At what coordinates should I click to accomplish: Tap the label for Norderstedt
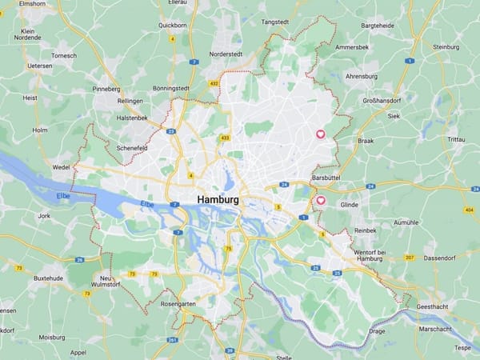click(225, 54)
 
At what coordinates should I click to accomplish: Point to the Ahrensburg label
click(361, 76)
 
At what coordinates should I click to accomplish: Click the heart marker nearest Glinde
click(321, 200)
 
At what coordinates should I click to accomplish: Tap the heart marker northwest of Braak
click(320, 134)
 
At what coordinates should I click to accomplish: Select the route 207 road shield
click(410, 258)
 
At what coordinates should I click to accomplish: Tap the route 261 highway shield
click(173, 339)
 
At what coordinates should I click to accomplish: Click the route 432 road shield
click(214, 82)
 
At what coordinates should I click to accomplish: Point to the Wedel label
click(61, 167)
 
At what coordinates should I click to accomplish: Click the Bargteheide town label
click(378, 26)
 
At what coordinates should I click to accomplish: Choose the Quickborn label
click(172, 25)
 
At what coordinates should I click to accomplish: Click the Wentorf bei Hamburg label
click(370, 255)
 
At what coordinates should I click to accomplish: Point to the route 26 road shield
click(80, 259)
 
